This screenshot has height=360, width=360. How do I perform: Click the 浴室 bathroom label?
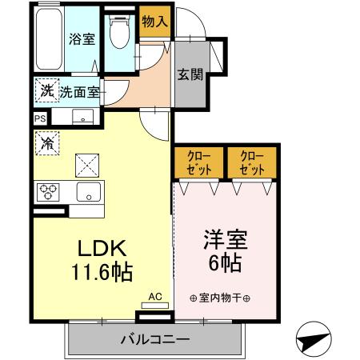pyautogui.click(x=80, y=38)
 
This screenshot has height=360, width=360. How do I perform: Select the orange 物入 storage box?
pyautogui.click(x=154, y=22)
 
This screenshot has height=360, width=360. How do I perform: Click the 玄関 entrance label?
pyautogui.click(x=190, y=75)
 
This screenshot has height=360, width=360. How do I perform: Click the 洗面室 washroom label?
pyautogui.click(x=79, y=92)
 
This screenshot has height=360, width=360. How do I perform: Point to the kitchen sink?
pyautogui.click(x=87, y=192)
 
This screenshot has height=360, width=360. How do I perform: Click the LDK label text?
pyautogui.click(x=100, y=246)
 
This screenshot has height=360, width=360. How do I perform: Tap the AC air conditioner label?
pyautogui.click(x=155, y=297)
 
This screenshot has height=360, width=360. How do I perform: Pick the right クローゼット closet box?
pyautogui.click(x=251, y=163)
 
